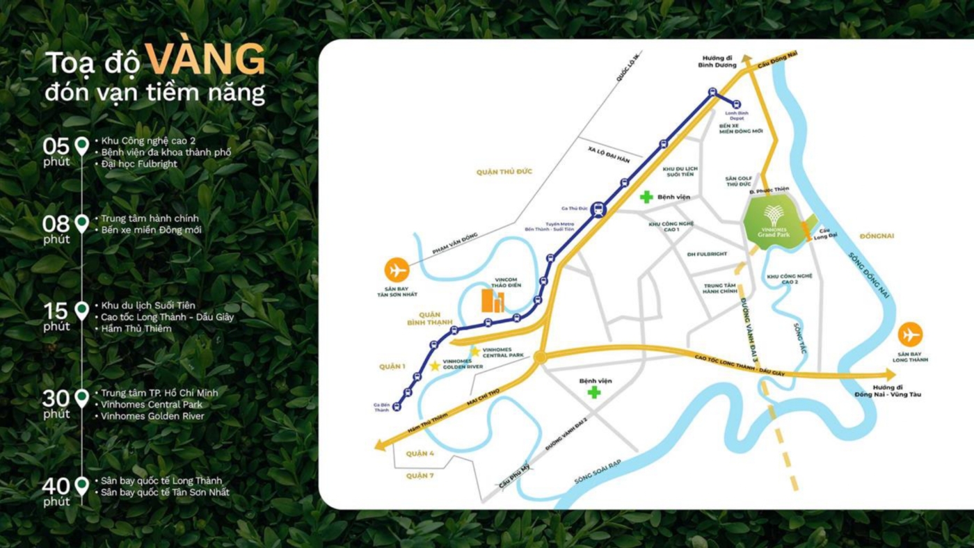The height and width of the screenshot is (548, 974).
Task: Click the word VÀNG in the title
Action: (205, 61)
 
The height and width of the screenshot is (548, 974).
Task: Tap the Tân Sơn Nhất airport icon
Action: (397, 270)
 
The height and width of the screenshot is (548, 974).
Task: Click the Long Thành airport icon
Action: (910, 335)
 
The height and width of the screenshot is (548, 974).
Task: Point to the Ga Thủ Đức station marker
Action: (598, 208)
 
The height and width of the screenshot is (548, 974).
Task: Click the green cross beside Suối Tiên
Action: (646, 197)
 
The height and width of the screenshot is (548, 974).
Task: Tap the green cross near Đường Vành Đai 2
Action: (593, 392)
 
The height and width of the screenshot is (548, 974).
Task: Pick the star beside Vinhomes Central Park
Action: (475, 351)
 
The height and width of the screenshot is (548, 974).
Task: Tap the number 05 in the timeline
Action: (56, 146)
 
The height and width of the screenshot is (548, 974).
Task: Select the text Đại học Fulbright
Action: (139, 164)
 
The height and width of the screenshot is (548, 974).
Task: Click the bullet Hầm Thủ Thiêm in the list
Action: (136, 329)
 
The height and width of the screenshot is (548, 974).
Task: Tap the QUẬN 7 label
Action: (420, 476)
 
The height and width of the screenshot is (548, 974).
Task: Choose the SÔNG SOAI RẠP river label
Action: (597, 472)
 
